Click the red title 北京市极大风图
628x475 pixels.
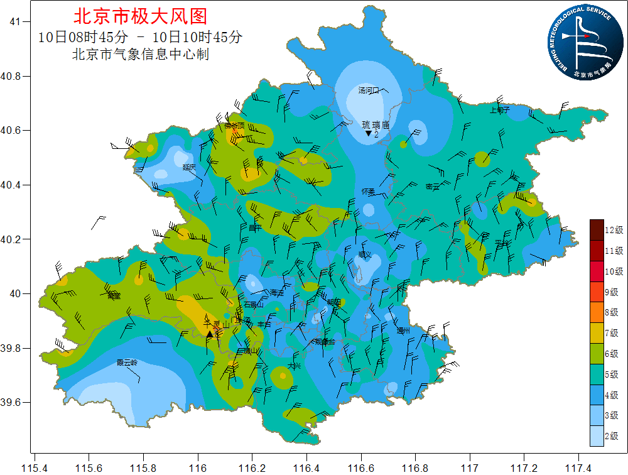coord(140,16)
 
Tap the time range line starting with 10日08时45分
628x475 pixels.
coord(140,37)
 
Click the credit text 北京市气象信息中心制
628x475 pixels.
coord(141,55)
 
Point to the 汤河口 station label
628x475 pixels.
coord(369,90)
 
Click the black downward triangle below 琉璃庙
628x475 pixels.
coord(368,134)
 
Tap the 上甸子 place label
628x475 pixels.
coord(500,110)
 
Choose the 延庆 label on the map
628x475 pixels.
coord(189,167)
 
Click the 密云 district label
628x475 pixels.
coord(433,187)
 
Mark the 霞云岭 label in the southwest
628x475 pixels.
coord(126,363)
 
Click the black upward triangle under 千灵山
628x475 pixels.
coord(210,334)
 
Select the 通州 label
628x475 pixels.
coord(403,330)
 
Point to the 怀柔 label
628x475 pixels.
coord(368,191)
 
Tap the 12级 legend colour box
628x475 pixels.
coord(597,230)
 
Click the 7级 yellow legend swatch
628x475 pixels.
coord(597,333)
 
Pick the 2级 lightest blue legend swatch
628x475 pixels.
coord(597,435)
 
